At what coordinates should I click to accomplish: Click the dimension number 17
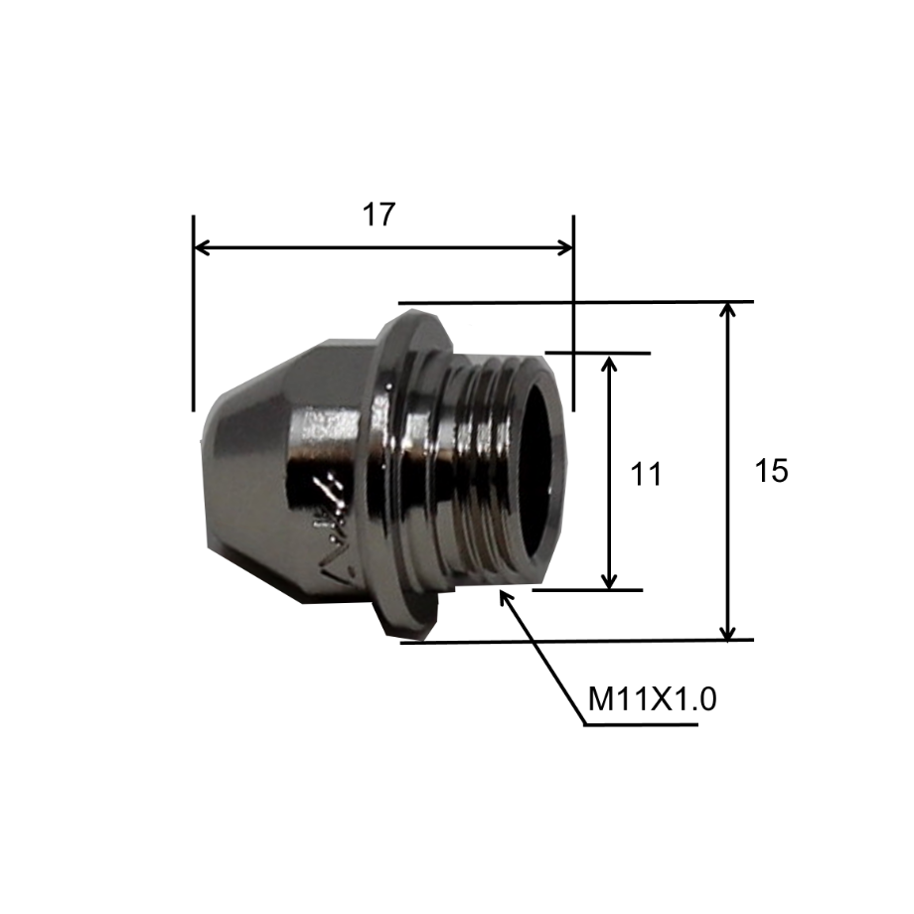click(379, 215)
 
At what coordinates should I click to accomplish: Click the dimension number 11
click(646, 474)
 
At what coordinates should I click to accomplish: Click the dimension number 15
click(771, 470)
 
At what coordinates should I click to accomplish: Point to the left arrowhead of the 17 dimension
click(201, 247)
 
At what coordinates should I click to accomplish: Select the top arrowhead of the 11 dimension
click(609, 365)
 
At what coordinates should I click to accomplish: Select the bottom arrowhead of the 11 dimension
click(609, 580)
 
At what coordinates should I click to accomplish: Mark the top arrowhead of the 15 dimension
click(727, 311)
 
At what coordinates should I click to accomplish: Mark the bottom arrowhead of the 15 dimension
click(727, 631)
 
